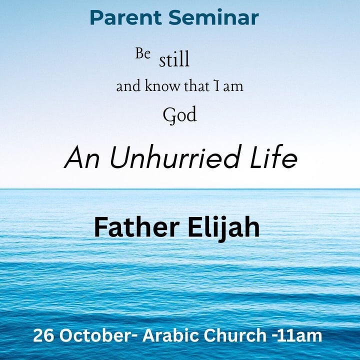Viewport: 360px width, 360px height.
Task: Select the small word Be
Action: pyautogui.click(x=142, y=54)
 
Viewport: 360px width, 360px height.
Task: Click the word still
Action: pyautogui.click(x=174, y=60)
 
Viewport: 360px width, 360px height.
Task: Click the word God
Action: pyautogui.click(x=179, y=115)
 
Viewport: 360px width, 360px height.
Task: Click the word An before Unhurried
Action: pyautogui.click(x=79, y=159)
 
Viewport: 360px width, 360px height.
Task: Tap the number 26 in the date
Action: pyautogui.click(x=42, y=336)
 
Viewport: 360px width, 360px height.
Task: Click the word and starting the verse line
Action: pyautogui.click(x=128, y=86)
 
